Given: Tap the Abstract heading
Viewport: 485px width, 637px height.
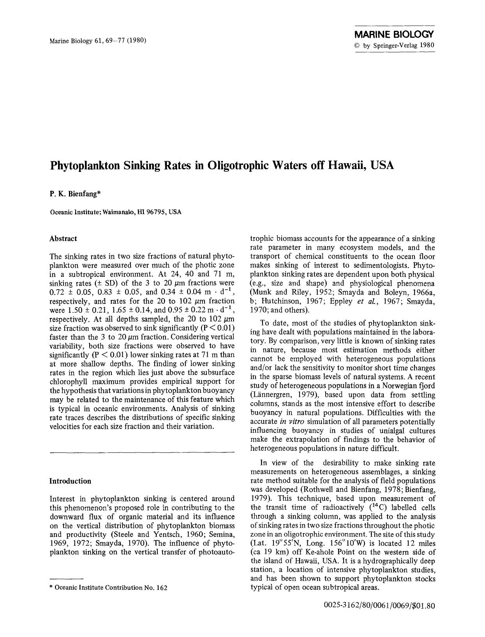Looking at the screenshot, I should click(x=63, y=239).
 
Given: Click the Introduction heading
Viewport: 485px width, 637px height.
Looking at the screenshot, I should click(x=70, y=481).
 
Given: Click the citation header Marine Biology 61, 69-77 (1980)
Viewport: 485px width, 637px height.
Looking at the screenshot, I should click(x=98, y=40).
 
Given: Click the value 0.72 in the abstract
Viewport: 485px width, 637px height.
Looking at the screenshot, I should click(x=57, y=292).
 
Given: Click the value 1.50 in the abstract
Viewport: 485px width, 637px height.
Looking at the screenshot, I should click(x=74, y=310).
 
